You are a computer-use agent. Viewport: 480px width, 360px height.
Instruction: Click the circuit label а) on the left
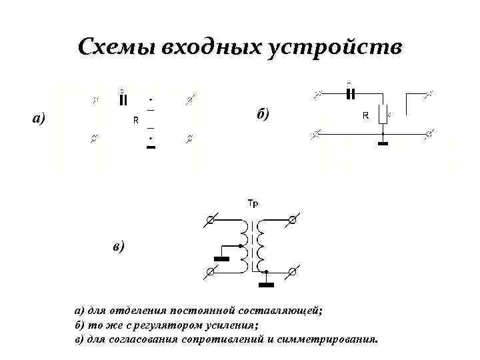click(39, 119)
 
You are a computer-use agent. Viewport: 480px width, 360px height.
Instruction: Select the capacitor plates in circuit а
click(122, 100)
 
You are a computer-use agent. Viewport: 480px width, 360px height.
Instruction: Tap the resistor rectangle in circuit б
click(383, 115)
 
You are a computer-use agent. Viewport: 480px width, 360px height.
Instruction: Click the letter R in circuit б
click(365, 115)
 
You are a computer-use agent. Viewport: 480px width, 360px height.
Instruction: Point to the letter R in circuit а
click(135, 121)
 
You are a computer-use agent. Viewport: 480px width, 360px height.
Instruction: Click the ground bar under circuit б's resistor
click(383, 142)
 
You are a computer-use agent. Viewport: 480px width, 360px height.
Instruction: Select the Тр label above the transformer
click(253, 203)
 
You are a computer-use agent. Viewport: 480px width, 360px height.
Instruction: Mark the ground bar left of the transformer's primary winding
click(221, 258)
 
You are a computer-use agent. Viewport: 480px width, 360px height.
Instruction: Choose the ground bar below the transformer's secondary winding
click(267, 285)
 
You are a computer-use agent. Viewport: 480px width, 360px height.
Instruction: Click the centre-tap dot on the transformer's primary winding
click(241, 246)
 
